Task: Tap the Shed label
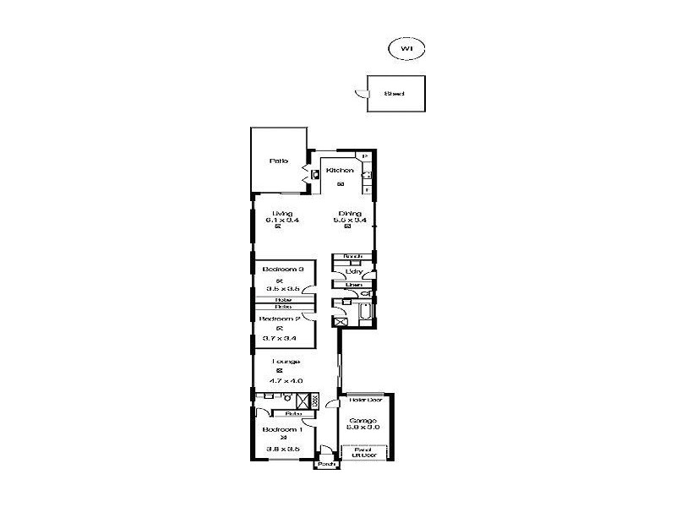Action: [x=393, y=94]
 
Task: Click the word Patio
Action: [x=278, y=160]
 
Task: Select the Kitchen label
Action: [x=339, y=171]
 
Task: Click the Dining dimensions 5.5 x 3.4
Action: [x=350, y=221]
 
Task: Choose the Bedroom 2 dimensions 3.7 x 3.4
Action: [x=278, y=338]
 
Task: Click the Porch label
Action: [x=326, y=464]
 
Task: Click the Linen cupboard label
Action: [x=341, y=285]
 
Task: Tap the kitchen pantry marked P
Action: [x=365, y=156]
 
